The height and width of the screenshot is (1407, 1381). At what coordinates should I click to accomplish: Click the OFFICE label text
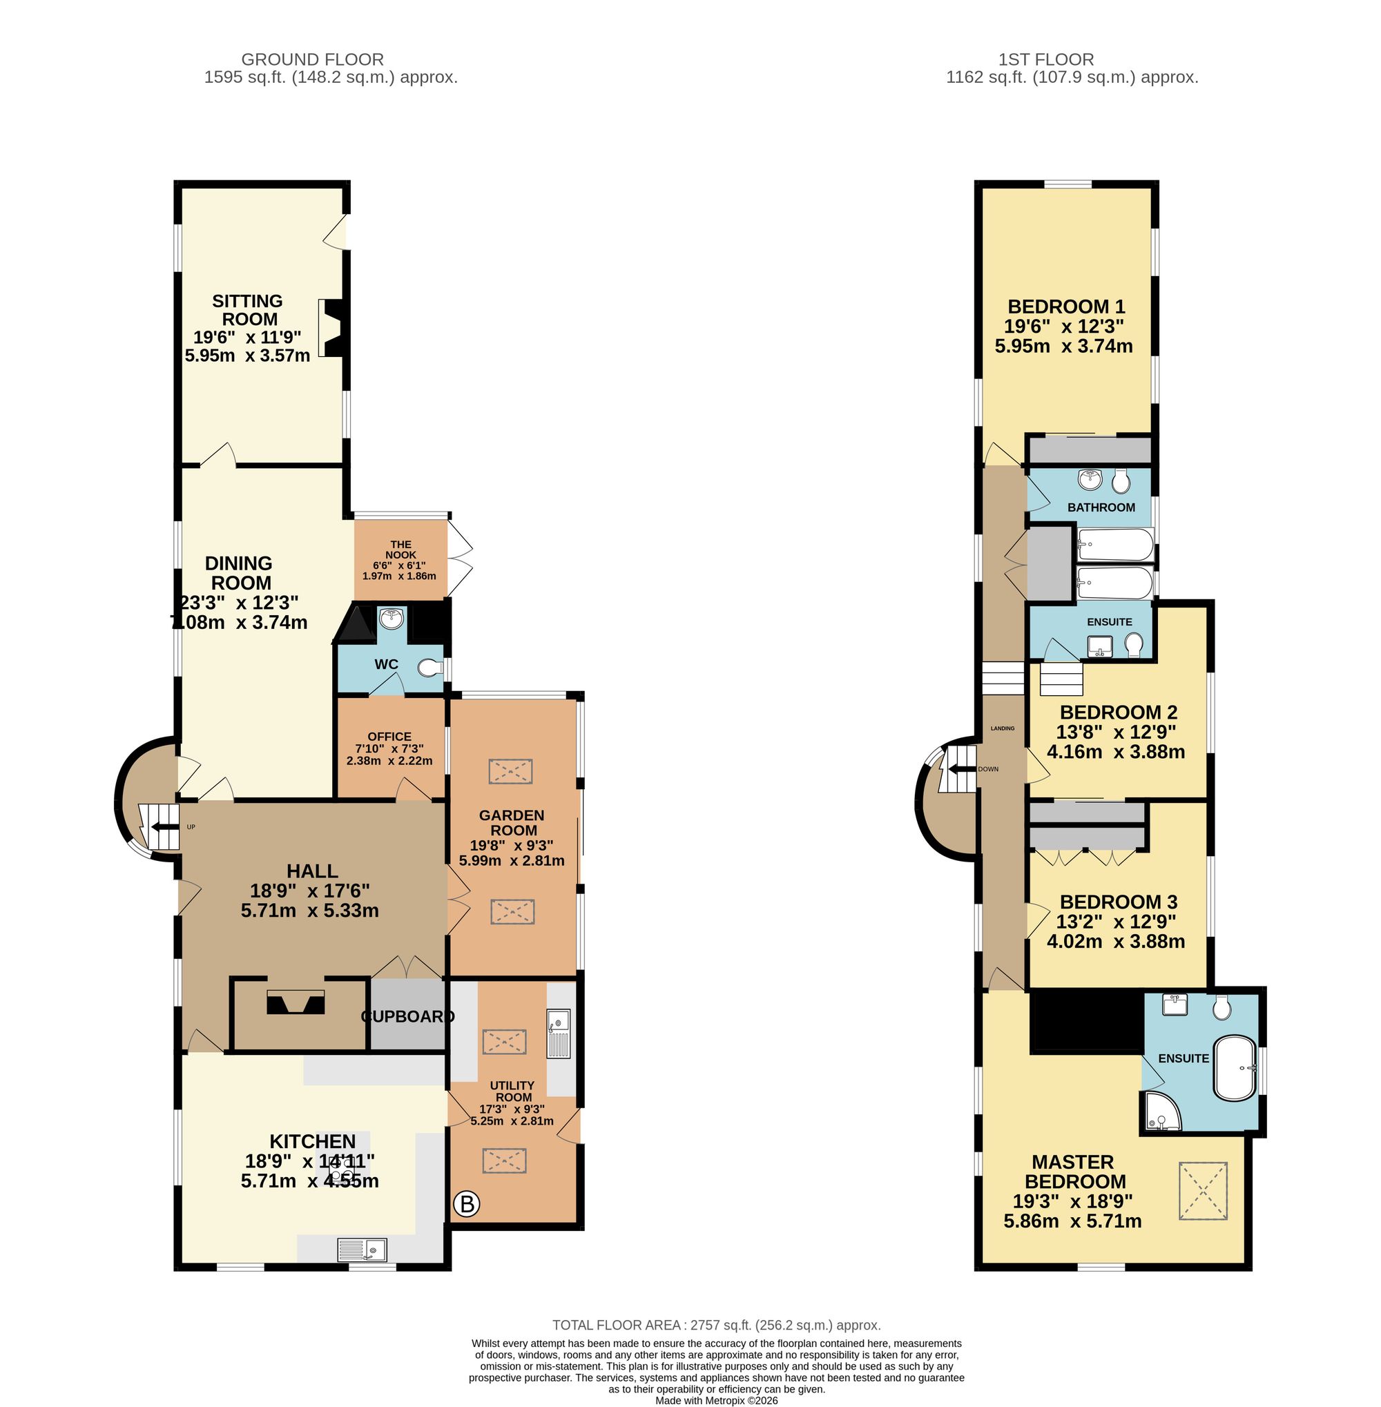(x=389, y=736)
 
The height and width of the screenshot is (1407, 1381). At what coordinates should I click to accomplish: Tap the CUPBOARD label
(x=407, y=1016)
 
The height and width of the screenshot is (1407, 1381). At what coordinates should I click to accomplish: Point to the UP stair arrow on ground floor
(x=162, y=827)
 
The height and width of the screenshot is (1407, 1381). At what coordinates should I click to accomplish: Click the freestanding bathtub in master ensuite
(x=1235, y=1068)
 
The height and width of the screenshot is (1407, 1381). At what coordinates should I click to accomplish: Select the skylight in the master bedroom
(x=1204, y=1191)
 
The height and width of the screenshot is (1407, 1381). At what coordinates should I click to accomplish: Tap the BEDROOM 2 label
(x=1118, y=712)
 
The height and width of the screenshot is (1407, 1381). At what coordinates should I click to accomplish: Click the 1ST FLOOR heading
(x=1046, y=59)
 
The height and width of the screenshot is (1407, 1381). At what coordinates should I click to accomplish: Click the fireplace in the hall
(x=296, y=1003)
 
